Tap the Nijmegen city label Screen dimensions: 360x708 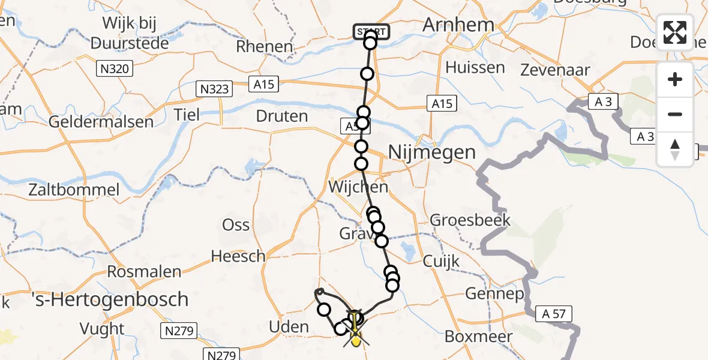(432, 152)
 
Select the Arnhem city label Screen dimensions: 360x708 (458, 25)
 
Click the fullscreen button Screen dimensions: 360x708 (675, 32)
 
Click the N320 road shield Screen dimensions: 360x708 (115, 69)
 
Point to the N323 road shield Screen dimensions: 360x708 (214, 89)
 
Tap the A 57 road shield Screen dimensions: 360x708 (555, 313)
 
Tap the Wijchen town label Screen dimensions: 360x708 (358, 187)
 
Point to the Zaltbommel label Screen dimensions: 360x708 (74, 190)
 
